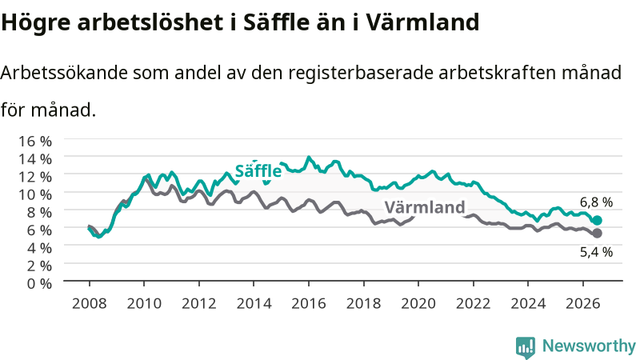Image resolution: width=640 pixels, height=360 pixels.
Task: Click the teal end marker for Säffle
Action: click(x=597, y=221)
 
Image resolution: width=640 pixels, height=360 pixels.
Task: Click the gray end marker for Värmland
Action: click(x=597, y=233)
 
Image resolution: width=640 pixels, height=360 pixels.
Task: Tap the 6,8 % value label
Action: click(x=596, y=202)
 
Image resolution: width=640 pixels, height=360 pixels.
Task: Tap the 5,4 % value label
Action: click(x=596, y=252)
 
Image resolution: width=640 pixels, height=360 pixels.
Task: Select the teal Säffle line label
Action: click(x=258, y=170)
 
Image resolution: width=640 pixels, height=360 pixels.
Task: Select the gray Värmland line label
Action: click(x=425, y=207)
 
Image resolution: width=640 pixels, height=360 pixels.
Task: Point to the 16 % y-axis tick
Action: click(x=35, y=142)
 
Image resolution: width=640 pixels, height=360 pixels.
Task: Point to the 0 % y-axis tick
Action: click(x=39, y=283)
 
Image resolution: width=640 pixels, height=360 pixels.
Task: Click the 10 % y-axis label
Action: click(x=35, y=194)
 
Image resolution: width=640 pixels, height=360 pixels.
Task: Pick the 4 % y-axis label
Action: click(x=39, y=248)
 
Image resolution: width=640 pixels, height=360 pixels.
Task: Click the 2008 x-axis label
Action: click(x=90, y=303)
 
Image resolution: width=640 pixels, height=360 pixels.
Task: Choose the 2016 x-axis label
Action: click(x=309, y=303)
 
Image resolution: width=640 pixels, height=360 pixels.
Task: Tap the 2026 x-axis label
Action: click(x=583, y=303)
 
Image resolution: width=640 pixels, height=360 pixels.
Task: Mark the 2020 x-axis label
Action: click(x=418, y=303)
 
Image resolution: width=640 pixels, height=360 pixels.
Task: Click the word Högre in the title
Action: click(x=35, y=23)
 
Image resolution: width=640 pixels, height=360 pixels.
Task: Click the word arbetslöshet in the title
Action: click(x=150, y=22)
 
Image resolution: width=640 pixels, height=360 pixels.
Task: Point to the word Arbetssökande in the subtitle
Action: click(x=64, y=73)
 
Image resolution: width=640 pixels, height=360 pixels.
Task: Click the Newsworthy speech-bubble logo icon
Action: click(x=526, y=347)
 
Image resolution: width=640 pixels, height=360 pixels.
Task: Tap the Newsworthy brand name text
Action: click(x=589, y=346)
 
